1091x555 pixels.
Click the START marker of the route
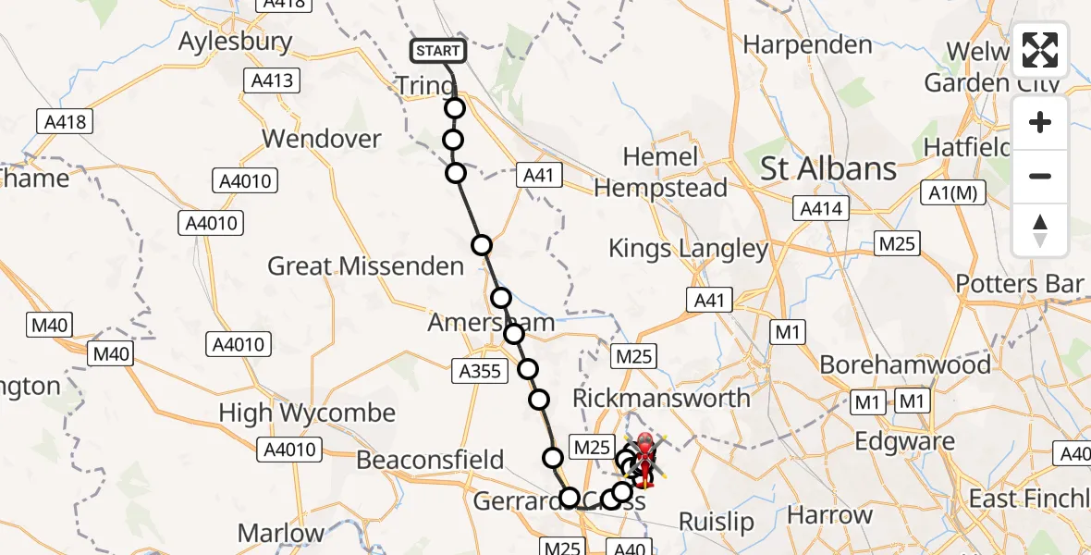click(437, 50)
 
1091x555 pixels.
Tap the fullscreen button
click(1040, 50)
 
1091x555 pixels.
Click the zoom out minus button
click(1040, 176)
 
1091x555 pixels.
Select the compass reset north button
click(1040, 230)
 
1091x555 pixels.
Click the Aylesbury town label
click(235, 42)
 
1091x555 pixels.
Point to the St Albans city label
click(828, 168)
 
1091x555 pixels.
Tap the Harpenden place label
click(807, 44)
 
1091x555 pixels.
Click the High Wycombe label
click(307, 413)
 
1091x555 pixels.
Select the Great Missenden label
click(365, 266)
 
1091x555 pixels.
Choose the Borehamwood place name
click(906, 364)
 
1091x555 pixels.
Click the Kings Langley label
click(689, 248)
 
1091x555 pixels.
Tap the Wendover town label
click(322, 139)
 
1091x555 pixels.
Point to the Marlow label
click(281, 533)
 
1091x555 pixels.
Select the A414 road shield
click(821, 209)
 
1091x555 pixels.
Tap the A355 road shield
click(480, 372)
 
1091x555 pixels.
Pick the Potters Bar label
click(1020, 284)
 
